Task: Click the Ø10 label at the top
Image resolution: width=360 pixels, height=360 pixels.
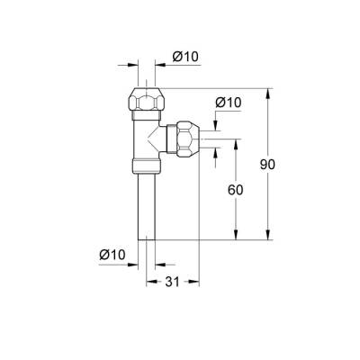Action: tap(184, 57)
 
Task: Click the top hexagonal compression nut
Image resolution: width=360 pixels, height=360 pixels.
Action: tap(148, 98)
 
